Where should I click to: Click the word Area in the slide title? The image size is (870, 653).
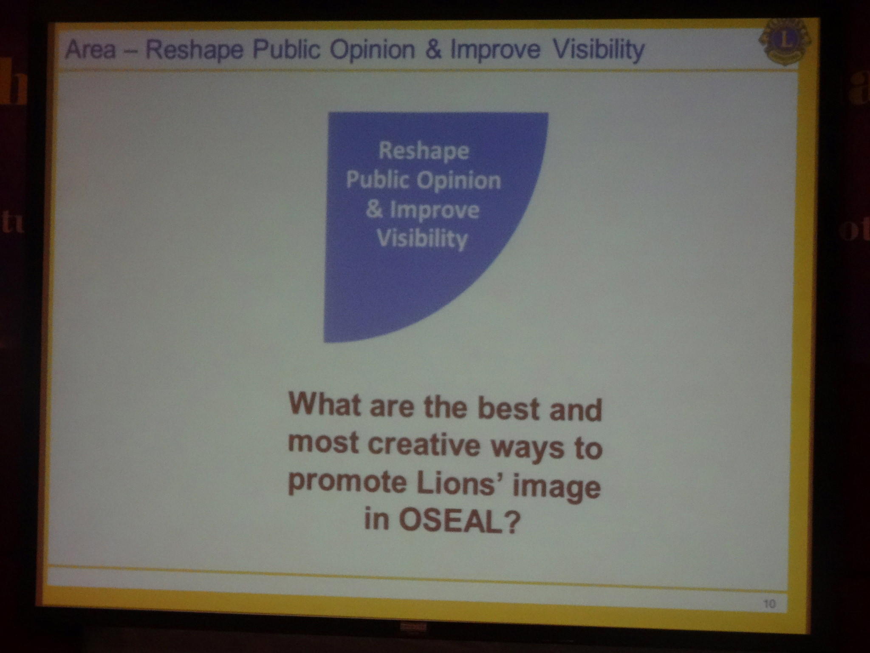tap(90, 50)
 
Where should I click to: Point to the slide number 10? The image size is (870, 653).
tap(769, 603)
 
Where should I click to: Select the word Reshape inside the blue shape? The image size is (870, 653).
tap(424, 151)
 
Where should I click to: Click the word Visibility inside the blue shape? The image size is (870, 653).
tap(422, 239)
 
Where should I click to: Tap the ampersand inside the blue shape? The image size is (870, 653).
tap(374, 210)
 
